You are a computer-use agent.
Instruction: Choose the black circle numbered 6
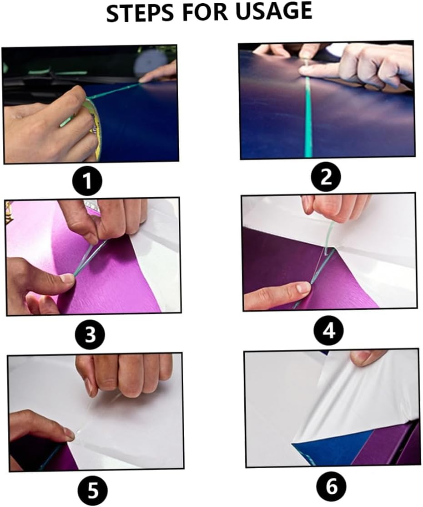[332, 487]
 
